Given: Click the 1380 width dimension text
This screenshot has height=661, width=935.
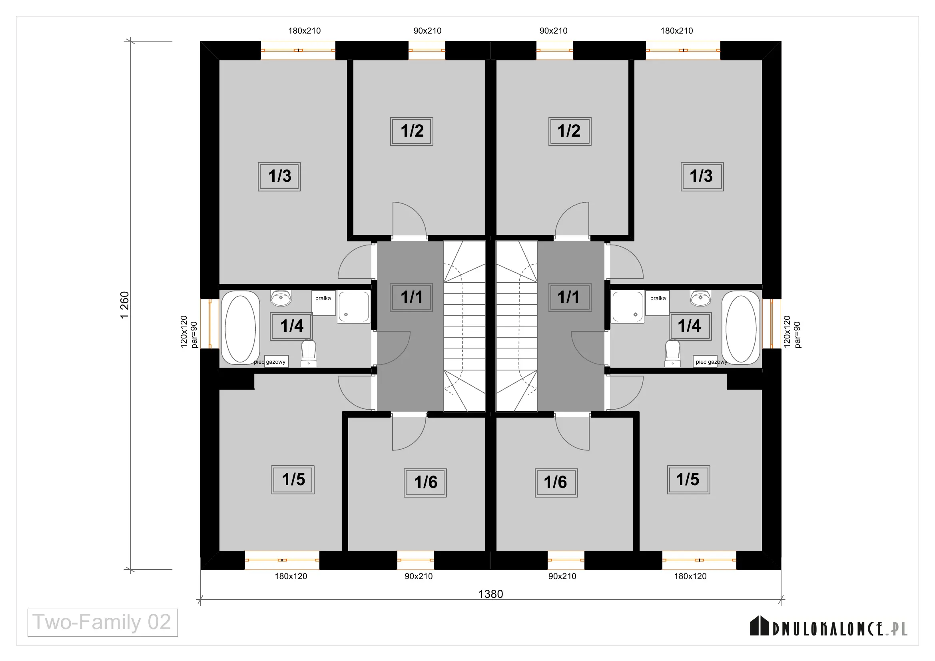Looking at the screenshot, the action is pos(490,594).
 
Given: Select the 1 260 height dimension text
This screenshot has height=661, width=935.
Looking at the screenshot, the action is pos(125,305).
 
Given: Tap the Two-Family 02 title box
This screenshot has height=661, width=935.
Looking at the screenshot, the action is pos(103,622).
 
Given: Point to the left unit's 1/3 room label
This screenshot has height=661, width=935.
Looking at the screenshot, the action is pos(279,177).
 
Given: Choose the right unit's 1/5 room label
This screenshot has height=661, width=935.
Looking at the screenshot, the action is pos(688,480).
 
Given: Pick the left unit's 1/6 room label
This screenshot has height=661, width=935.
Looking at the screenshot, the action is pos(425,483).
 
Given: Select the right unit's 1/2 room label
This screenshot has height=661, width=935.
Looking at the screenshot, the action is pos(570,131).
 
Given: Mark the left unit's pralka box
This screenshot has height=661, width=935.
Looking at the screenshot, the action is pos(324,303).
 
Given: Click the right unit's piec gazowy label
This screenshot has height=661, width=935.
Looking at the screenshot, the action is pos(711,361).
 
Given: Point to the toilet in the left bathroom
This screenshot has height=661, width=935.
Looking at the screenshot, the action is pos(309,352).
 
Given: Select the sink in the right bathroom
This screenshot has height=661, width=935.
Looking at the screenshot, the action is pos(700,298).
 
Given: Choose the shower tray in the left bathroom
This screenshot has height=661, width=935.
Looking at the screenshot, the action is pos(353,307).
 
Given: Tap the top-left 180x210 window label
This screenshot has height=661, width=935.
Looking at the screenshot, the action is pos(305,31).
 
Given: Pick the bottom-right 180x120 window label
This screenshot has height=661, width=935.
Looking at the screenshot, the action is pos(690,576).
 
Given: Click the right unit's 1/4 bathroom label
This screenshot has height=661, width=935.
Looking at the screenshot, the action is pos(690,326).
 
